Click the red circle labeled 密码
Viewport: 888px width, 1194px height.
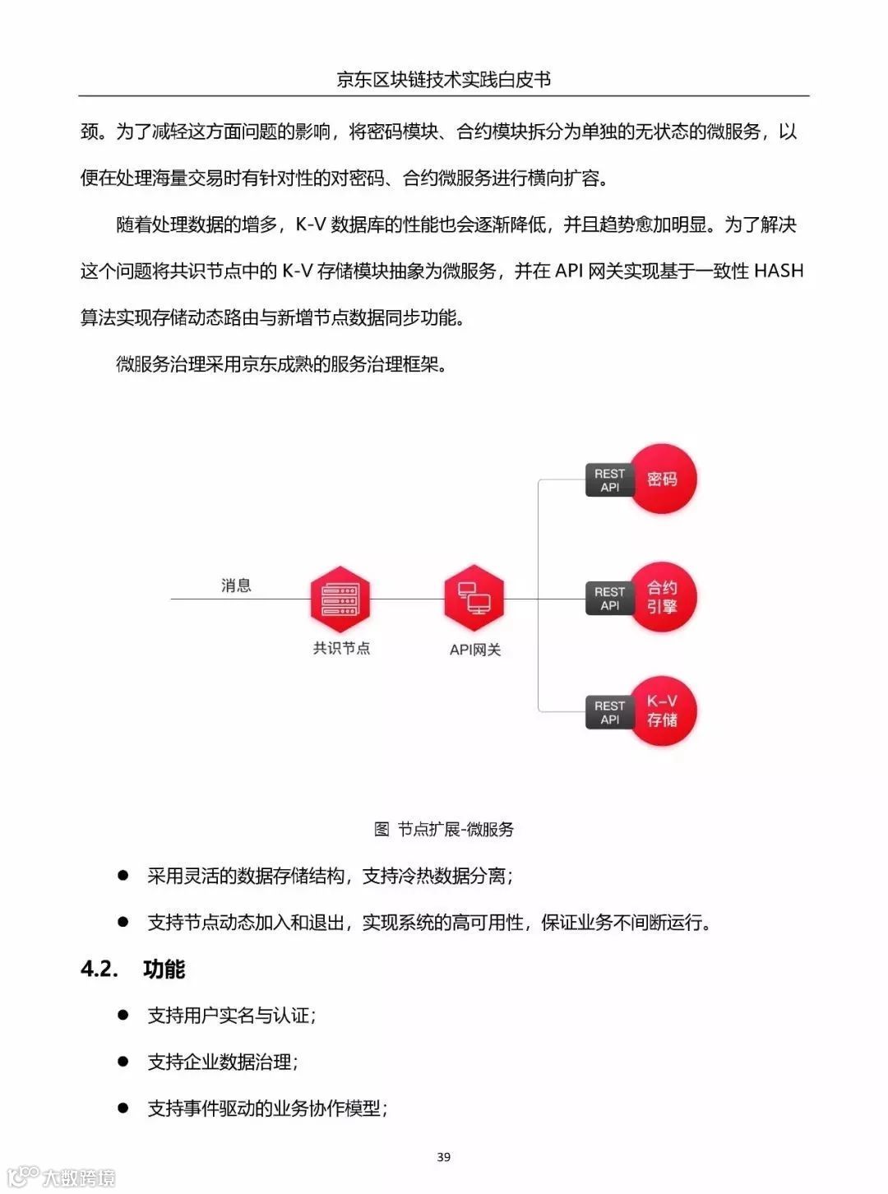662,479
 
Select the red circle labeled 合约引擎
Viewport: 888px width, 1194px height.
662,598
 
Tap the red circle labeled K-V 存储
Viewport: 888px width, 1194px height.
662,711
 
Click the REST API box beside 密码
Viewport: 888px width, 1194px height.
609,480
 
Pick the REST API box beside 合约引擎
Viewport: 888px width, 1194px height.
609,599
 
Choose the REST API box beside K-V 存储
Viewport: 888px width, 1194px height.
609,712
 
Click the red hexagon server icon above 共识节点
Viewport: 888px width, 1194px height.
340,599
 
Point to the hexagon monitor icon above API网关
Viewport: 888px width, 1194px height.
474,597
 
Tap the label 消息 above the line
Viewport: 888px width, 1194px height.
236,585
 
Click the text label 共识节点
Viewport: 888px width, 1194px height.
341,649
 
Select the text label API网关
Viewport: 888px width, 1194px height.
475,650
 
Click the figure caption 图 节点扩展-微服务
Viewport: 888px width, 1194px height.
444,829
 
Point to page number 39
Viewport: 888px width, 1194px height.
444,1157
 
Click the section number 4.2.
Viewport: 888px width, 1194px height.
99,970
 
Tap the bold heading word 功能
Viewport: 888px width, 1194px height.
164,970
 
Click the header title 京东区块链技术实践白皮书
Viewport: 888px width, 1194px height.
444,79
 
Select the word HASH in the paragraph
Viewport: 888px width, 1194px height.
778,271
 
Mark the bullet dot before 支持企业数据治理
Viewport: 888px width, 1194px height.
123,1062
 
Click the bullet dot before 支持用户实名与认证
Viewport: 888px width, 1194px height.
123,1015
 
